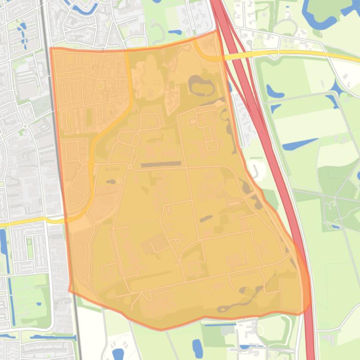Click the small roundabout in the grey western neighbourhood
point(25,126)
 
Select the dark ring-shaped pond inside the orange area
point(200,85)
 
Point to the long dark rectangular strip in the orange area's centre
point(161,165)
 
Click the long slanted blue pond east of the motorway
point(300,144)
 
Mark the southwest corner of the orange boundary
point(69,291)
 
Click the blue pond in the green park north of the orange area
point(174,33)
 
